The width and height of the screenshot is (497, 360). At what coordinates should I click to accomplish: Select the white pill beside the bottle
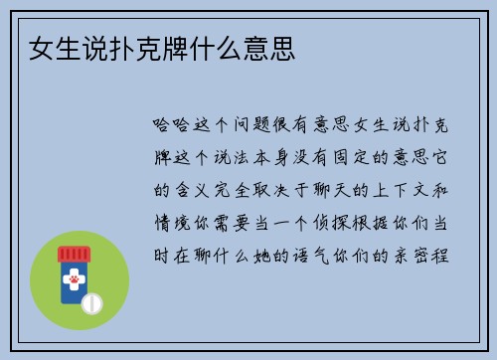tap(91, 301)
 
